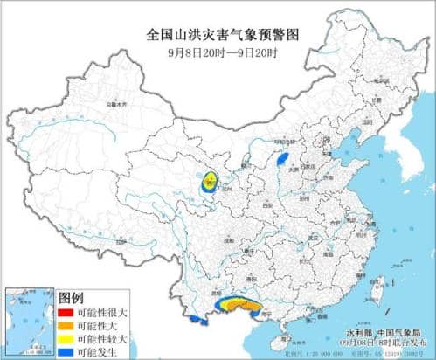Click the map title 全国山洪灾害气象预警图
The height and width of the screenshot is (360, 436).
[x=219, y=35]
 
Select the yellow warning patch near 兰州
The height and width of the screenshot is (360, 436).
[x=209, y=182]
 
